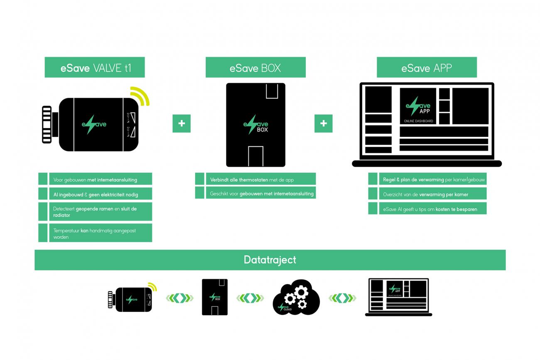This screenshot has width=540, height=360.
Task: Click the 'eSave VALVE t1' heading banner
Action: pyautogui.click(x=95, y=67)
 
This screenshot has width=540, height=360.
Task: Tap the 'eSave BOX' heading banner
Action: pyautogui.click(x=255, y=67)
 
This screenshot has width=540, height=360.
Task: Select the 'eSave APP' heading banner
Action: pyautogui.click(x=427, y=67)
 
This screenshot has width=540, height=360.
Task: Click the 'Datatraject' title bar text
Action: pyautogui.click(x=270, y=260)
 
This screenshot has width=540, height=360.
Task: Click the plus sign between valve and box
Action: pyautogui.click(x=182, y=123)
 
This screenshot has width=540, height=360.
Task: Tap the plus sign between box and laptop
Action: pyautogui.click(x=324, y=123)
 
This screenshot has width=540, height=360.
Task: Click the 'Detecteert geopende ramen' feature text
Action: pyautogui.click(x=95, y=212)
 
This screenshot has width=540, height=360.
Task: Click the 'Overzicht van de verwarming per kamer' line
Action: pyautogui.click(x=425, y=194)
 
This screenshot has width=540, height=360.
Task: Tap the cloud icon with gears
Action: pyautogui.click(x=297, y=296)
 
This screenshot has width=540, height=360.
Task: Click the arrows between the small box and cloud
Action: pyautogui.click(x=250, y=298)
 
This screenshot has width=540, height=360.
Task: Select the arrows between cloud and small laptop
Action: pyautogui.click(x=342, y=298)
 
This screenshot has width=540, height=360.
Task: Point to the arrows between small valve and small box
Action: pyautogui.click(x=179, y=298)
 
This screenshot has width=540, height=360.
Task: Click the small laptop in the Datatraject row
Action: pyautogui.click(x=399, y=297)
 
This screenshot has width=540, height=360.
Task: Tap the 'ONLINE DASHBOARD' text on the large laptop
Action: pyautogui.click(x=418, y=121)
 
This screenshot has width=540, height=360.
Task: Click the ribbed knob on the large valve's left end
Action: pyautogui.click(x=47, y=125)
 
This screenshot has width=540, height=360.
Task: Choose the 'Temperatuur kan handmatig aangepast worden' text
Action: pyautogui.click(x=95, y=233)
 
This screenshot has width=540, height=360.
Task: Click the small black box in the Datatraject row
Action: pyautogui.click(x=215, y=297)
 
